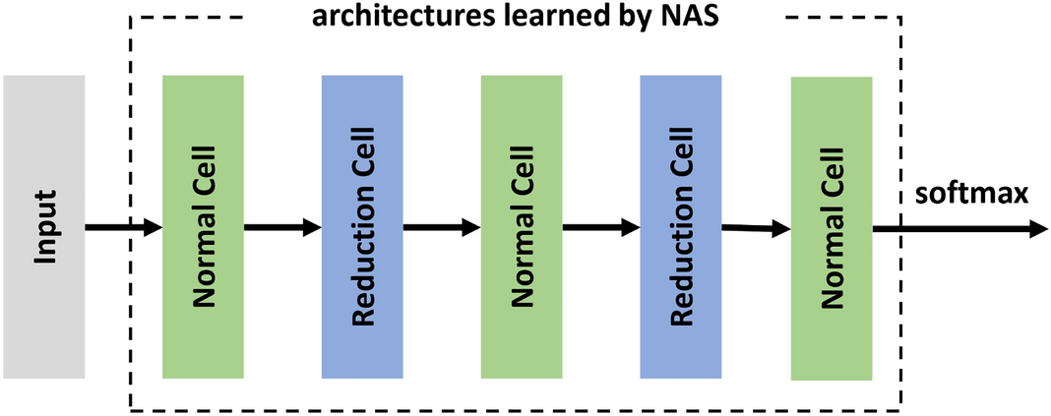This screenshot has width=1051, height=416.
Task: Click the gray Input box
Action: [x=44, y=226]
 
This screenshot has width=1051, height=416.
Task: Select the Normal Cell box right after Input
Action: [x=203, y=226]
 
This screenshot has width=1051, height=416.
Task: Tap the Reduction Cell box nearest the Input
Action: [x=362, y=226]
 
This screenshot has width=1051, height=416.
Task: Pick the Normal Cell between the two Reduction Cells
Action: [x=522, y=226]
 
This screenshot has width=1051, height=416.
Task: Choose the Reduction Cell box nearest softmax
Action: [x=680, y=226]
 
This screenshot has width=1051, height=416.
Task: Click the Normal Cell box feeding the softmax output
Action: [x=831, y=228]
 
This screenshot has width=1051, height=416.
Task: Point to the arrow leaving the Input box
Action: [x=124, y=228]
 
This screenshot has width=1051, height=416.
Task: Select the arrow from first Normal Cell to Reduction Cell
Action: [x=282, y=228]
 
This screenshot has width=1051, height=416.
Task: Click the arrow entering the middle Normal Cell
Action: [x=442, y=228]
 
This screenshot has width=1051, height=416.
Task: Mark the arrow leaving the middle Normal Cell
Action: [x=600, y=228]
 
